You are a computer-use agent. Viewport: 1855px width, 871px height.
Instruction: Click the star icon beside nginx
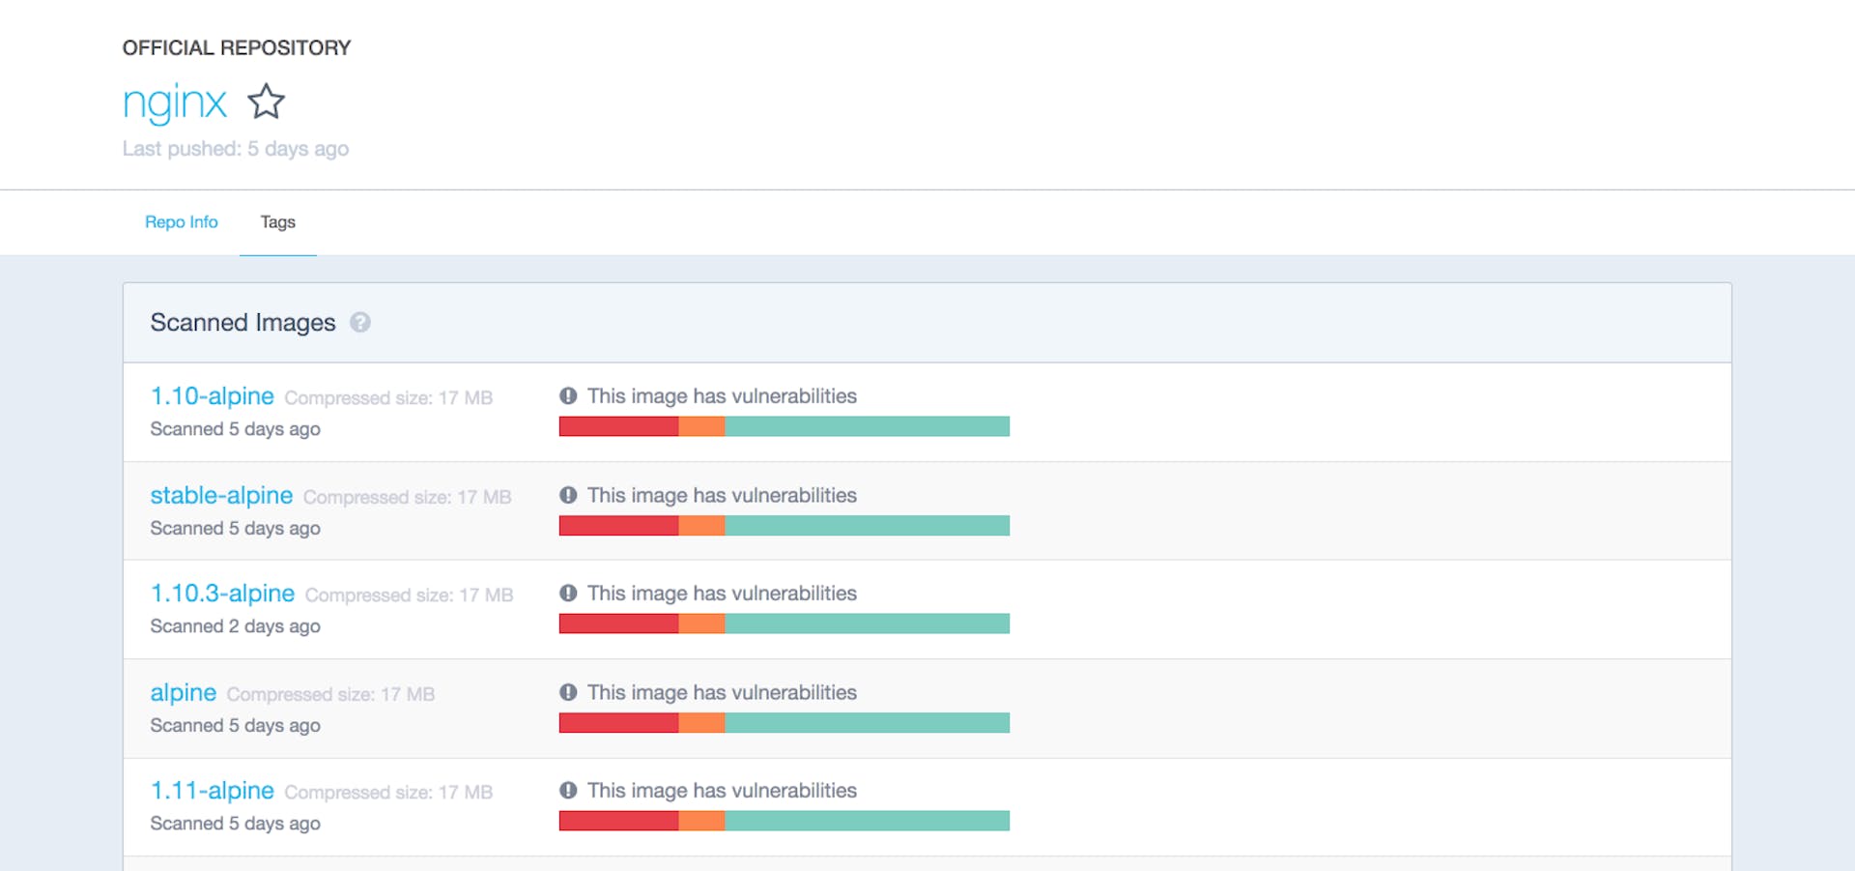[266, 102]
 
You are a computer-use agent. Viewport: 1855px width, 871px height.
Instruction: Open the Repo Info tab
[182, 222]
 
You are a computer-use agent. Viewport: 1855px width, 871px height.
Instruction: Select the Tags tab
[278, 222]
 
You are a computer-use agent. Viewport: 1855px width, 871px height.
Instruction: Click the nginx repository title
[175, 102]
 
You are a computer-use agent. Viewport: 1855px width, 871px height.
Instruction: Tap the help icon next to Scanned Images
[360, 323]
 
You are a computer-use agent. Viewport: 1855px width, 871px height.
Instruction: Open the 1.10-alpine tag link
[213, 396]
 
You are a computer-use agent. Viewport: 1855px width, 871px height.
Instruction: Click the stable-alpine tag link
[221, 496]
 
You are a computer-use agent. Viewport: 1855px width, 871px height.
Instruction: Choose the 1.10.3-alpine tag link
[222, 594]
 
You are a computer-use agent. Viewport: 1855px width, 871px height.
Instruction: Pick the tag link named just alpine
[184, 693]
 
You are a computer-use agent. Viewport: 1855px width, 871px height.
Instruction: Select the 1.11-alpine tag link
[213, 791]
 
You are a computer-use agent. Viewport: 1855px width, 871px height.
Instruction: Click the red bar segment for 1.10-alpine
[618, 426]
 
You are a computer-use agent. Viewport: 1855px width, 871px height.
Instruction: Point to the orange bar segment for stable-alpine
[701, 526]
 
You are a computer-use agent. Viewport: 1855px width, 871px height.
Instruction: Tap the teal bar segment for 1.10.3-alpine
[867, 624]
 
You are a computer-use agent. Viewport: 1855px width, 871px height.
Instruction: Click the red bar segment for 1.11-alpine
[618, 821]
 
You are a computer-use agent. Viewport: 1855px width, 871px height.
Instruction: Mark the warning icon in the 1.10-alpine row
[568, 396]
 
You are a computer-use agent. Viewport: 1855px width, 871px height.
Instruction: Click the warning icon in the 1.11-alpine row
[568, 791]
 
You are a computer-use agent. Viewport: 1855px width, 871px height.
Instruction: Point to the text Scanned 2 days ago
[236, 626]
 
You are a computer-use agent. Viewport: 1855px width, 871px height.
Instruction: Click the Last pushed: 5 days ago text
[236, 149]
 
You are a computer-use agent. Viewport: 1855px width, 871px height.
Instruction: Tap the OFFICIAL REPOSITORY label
[237, 48]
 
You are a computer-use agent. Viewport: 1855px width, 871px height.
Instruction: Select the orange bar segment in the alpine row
[701, 723]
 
